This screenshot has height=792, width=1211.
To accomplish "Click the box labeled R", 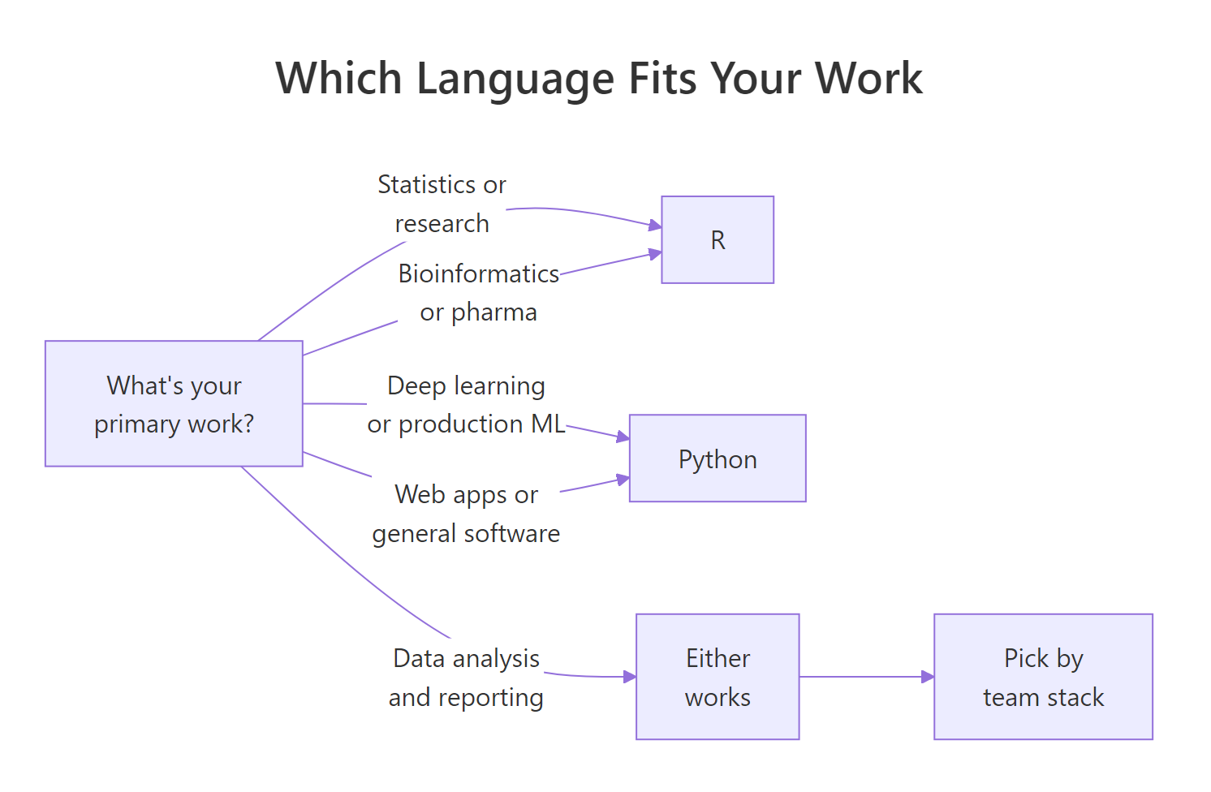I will [718, 239].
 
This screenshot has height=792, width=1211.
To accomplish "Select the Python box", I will [718, 458].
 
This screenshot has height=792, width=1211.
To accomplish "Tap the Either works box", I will [718, 677].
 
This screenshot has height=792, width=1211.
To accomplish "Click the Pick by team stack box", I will [1043, 677].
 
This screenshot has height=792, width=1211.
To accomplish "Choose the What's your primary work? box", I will [174, 403].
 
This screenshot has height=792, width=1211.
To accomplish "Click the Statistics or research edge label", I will [442, 204].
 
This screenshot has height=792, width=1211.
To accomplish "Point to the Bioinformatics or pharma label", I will [478, 292].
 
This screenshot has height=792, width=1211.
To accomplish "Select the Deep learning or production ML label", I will [466, 404].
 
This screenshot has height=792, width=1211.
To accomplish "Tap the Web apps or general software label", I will [466, 514].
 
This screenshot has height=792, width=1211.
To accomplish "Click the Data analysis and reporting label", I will [466, 678].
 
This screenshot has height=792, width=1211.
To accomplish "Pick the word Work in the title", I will [868, 79].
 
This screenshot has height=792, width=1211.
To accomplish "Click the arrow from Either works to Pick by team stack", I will [864, 677].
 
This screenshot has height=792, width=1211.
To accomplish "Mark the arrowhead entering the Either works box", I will [630, 677].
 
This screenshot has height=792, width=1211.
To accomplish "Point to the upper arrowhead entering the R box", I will [655, 225].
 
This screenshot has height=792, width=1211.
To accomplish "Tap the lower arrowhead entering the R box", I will [655, 255].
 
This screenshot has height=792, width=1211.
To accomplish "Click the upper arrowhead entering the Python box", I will [623, 437].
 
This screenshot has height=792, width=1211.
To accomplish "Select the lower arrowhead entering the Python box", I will [623, 479].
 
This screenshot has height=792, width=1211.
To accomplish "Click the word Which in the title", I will [338, 79].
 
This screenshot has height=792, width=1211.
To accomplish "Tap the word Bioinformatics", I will [478, 273].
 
